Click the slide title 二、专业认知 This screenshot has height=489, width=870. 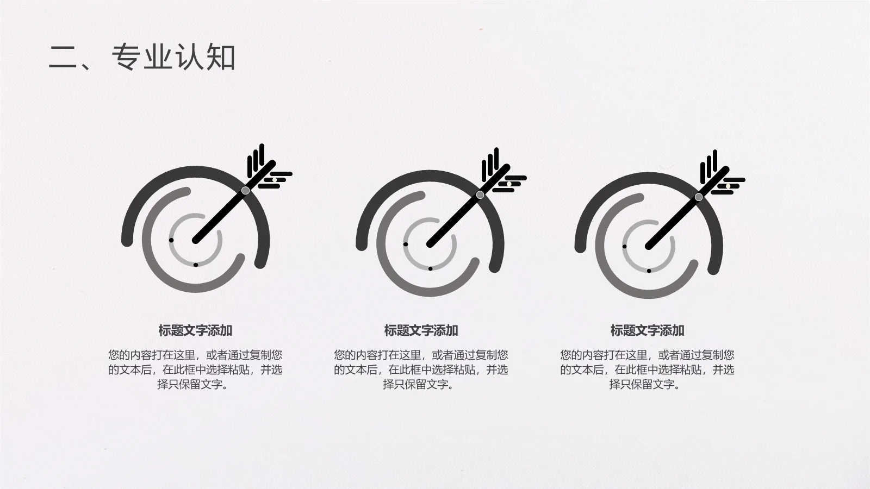pyautogui.click(x=142, y=57)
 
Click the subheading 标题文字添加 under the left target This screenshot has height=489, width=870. pyautogui.click(x=195, y=330)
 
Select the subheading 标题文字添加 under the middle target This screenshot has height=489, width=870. pyautogui.click(x=421, y=330)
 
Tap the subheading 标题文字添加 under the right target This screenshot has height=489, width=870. pyautogui.click(x=647, y=330)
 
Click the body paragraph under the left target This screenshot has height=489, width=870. pyautogui.click(x=195, y=369)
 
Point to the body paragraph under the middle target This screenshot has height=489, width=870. pyautogui.click(x=421, y=369)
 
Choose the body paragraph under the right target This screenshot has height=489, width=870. pyautogui.click(x=647, y=369)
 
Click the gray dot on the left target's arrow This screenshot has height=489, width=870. pyautogui.click(x=246, y=190)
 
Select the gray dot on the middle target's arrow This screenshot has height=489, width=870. pyautogui.click(x=480, y=195)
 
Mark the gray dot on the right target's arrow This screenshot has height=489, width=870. pyautogui.click(x=699, y=197)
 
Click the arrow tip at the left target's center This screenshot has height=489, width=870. pyautogui.click(x=196, y=240)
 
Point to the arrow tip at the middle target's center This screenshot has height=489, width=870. pyautogui.click(x=430, y=244)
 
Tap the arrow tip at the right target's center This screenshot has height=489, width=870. pyautogui.click(x=649, y=246)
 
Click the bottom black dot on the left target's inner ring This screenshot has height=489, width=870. pyautogui.click(x=196, y=265)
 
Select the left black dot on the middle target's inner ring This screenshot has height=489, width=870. pyautogui.click(x=406, y=244)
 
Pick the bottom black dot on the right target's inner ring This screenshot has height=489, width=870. pyautogui.click(x=649, y=271)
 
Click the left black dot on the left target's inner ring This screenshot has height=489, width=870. pyautogui.click(x=171, y=240)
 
